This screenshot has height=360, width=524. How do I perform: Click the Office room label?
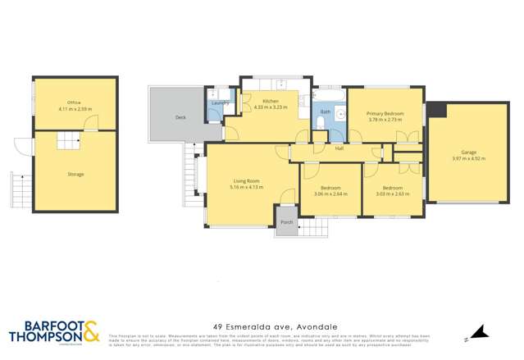click(x=75, y=102)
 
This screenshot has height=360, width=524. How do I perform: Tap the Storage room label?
click(x=75, y=174)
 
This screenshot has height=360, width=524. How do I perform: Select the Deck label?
click(x=180, y=118)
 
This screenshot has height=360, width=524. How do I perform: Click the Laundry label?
click(x=219, y=103)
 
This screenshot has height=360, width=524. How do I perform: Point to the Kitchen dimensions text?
click(x=267, y=108)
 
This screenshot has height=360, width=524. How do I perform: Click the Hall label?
click(x=339, y=149)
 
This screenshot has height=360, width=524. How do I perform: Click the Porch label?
click(x=286, y=222)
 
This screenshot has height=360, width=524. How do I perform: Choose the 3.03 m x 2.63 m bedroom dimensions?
click(x=391, y=194)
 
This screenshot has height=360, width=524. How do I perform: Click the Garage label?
click(x=468, y=153)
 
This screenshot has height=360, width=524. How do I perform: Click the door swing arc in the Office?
click(x=94, y=122)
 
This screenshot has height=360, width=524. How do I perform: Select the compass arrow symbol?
click(x=482, y=332)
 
